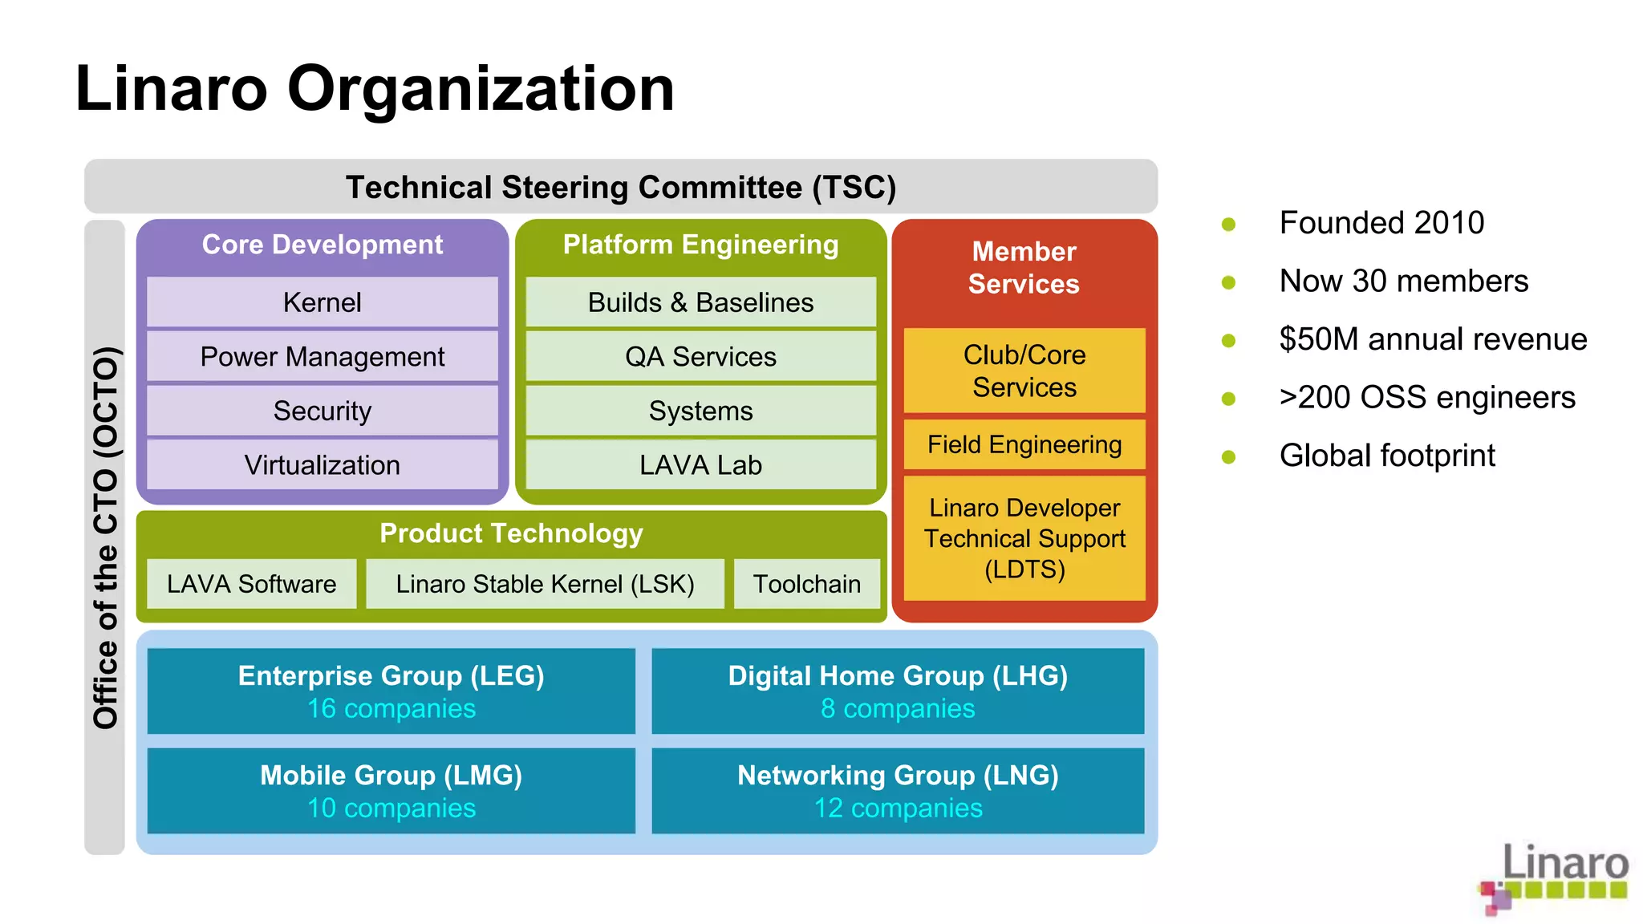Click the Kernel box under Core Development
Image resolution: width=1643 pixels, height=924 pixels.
pyautogui.click(x=322, y=302)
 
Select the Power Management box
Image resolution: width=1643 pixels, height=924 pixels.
pyautogui.click(x=322, y=357)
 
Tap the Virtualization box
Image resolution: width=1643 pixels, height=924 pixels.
pyautogui.click(x=322, y=465)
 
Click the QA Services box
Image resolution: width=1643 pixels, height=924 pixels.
pyautogui.click(x=700, y=357)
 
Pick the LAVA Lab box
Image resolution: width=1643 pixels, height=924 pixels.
pyautogui.click(x=700, y=465)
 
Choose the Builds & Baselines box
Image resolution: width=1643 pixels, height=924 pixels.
pyautogui.click(x=700, y=302)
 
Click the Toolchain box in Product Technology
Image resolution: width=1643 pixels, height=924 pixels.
pyautogui.click(x=806, y=584)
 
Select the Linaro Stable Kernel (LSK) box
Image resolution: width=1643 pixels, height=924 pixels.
pyautogui.click(x=545, y=584)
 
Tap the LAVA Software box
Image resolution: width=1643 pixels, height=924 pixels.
pyautogui.click(x=251, y=584)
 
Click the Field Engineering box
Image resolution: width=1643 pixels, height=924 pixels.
pyautogui.click(x=1024, y=444)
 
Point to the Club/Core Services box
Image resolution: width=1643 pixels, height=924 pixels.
pyautogui.click(x=1024, y=371)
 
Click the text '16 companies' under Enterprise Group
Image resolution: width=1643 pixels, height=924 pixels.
pyautogui.click(x=391, y=709)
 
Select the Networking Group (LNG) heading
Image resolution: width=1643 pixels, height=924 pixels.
pyautogui.click(x=898, y=775)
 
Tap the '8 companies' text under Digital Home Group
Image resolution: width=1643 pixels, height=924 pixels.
pyautogui.click(x=898, y=709)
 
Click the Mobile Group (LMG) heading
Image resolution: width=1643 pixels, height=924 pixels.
pyautogui.click(x=391, y=775)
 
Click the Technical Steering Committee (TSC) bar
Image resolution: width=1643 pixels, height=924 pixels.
pyautogui.click(x=620, y=187)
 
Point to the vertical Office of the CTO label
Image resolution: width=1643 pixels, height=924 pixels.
pyautogui.click(x=105, y=537)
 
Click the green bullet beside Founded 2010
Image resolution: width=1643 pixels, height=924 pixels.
pyautogui.click(x=1228, y=224)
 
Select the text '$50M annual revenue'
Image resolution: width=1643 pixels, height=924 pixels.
pyautogui.click(x=1433, y=339)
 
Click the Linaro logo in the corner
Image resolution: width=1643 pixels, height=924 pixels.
pyautogui.click(x=1555, y=877)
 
